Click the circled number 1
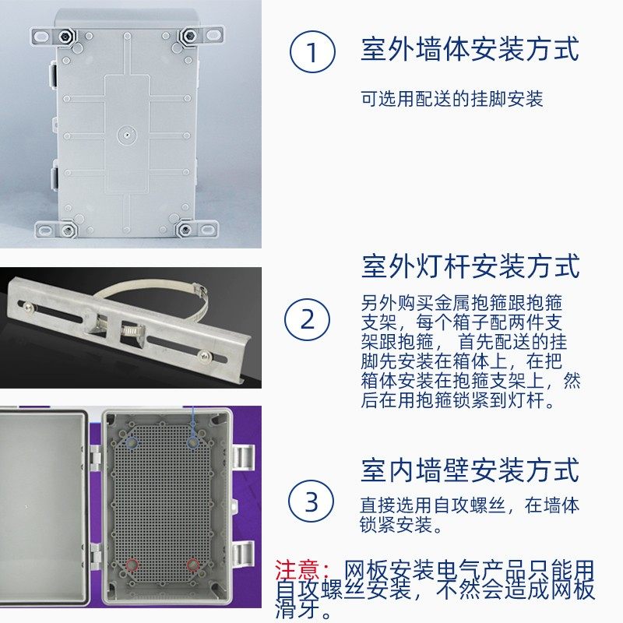coord(312,53)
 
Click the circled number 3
coord(311,502)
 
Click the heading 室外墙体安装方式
coord(470,50)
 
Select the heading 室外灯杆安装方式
coord(470,266)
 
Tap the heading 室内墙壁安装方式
coord(470,470)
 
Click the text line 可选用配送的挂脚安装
coord(452,99)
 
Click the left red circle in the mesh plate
coord(132,564)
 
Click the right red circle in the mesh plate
coord(192,564)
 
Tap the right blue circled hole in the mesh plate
coord(192,442)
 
